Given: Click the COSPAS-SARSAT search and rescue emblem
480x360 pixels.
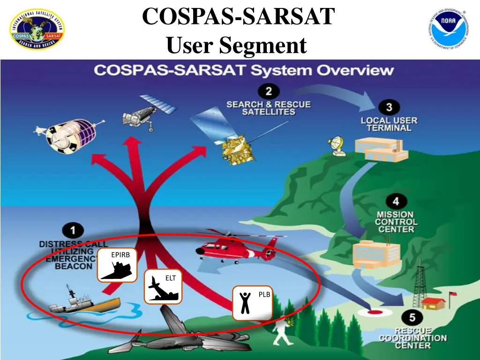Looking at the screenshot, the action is pos(37,30).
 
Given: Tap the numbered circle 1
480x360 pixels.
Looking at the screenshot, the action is pos(73,231).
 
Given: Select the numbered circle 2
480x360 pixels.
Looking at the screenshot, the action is pos(269,91).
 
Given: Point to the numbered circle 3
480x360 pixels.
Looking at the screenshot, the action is pos(389,107).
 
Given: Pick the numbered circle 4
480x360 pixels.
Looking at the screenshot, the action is pos(396,202).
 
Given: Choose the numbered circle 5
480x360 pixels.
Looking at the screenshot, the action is pos(412,318).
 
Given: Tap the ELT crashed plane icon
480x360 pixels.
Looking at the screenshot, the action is pos(163,286).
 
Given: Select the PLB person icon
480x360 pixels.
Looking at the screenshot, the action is pos(252,303).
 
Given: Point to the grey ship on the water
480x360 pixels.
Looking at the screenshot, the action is pos(82,302).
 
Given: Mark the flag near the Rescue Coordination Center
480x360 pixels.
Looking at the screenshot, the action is pos(453,295).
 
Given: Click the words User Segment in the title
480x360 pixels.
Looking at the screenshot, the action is pos(236,45).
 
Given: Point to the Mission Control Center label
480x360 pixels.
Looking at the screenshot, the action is pos(395,222).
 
